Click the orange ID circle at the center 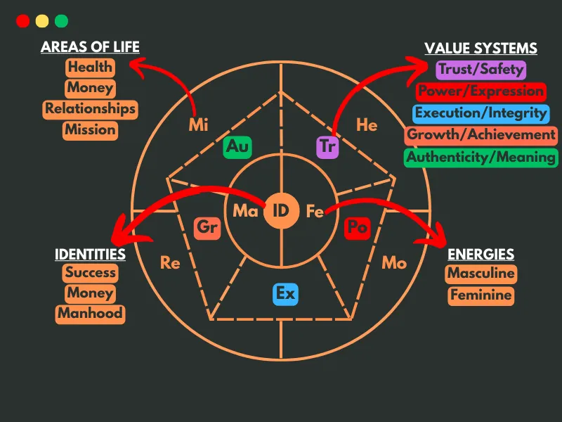coord(280,210)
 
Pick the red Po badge coord(357,228)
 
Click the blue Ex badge coord(285,293)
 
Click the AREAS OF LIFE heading coord(90,48)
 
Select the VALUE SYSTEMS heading coord(481,49)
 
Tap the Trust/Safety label coord(481,70)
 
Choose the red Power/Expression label coord(481,91)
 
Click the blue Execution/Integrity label coord(481,113)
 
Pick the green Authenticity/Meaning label coord(481,157)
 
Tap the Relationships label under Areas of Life coord(90,109)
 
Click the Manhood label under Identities coord(90,314)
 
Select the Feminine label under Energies coord(481,295)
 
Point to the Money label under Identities coord(90,293)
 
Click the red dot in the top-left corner coord(22,21)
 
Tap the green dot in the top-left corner coord(62,21)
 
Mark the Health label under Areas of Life coord(90,68)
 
